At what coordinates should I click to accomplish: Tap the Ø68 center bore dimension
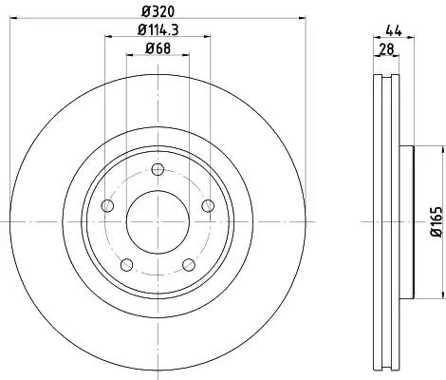157,49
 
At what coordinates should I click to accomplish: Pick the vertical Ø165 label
436,225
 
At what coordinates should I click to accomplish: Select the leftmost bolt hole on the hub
107,207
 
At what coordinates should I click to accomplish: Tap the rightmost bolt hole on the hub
209,206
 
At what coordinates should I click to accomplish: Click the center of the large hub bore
158,220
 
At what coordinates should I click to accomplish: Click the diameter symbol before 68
144,49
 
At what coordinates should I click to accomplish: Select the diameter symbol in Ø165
436,239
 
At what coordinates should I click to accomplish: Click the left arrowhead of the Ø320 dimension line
10,18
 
